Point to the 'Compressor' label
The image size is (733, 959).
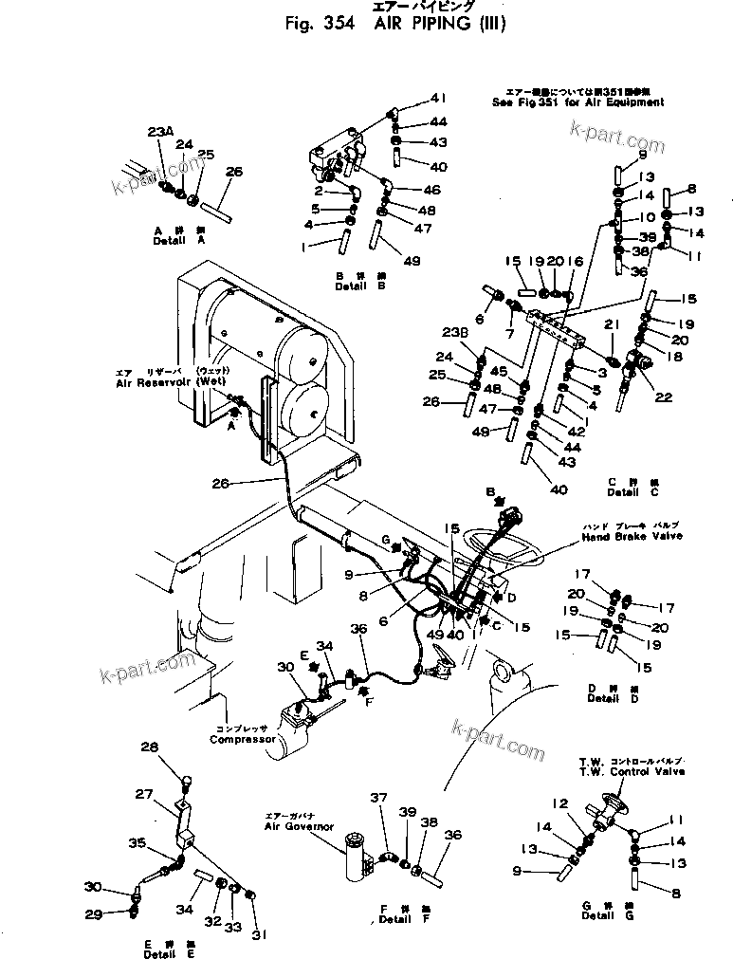(x=243, y=739)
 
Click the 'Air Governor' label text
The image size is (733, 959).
(x=299, y=826)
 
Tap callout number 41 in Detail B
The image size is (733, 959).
(x=437, y=98)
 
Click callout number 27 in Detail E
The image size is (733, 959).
(x=142, y=795)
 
